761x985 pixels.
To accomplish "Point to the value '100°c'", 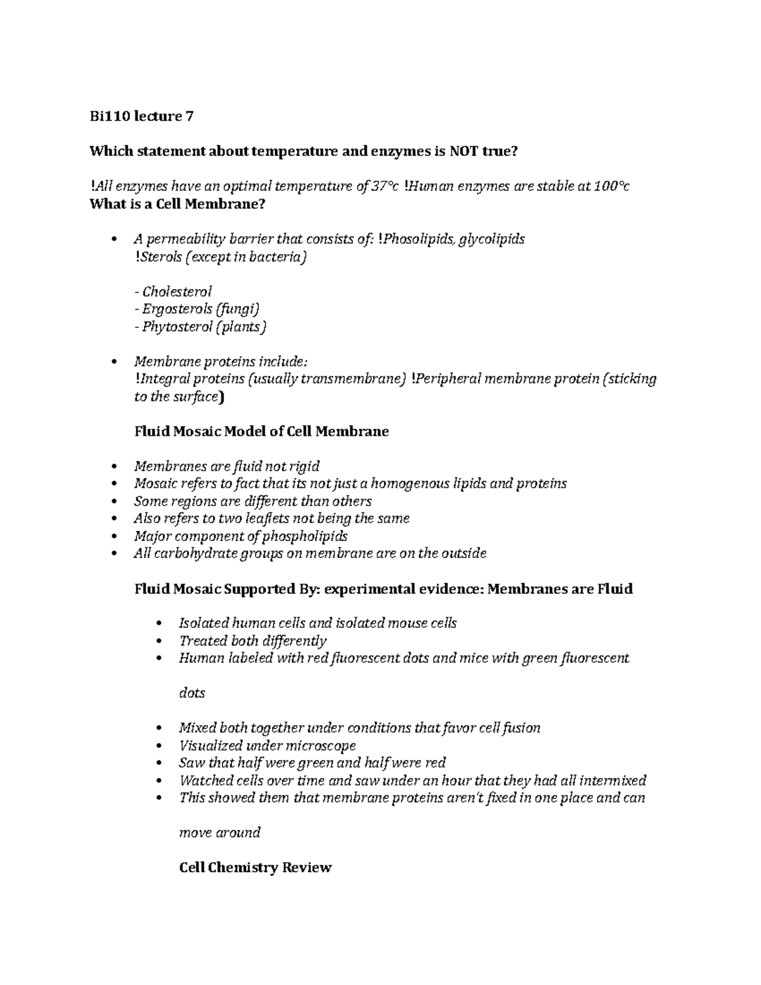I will click(611, 186).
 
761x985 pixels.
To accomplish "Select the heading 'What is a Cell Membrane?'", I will click(177, 204).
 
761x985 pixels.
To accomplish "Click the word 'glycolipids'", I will click(491, 239).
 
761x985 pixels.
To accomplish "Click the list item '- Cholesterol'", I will click(173, 292).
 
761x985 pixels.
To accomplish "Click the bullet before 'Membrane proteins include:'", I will click(114, 362).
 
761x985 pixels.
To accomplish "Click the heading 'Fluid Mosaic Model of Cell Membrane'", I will click(261, 432).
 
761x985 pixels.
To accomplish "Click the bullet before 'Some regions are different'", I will click(114, 502).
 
